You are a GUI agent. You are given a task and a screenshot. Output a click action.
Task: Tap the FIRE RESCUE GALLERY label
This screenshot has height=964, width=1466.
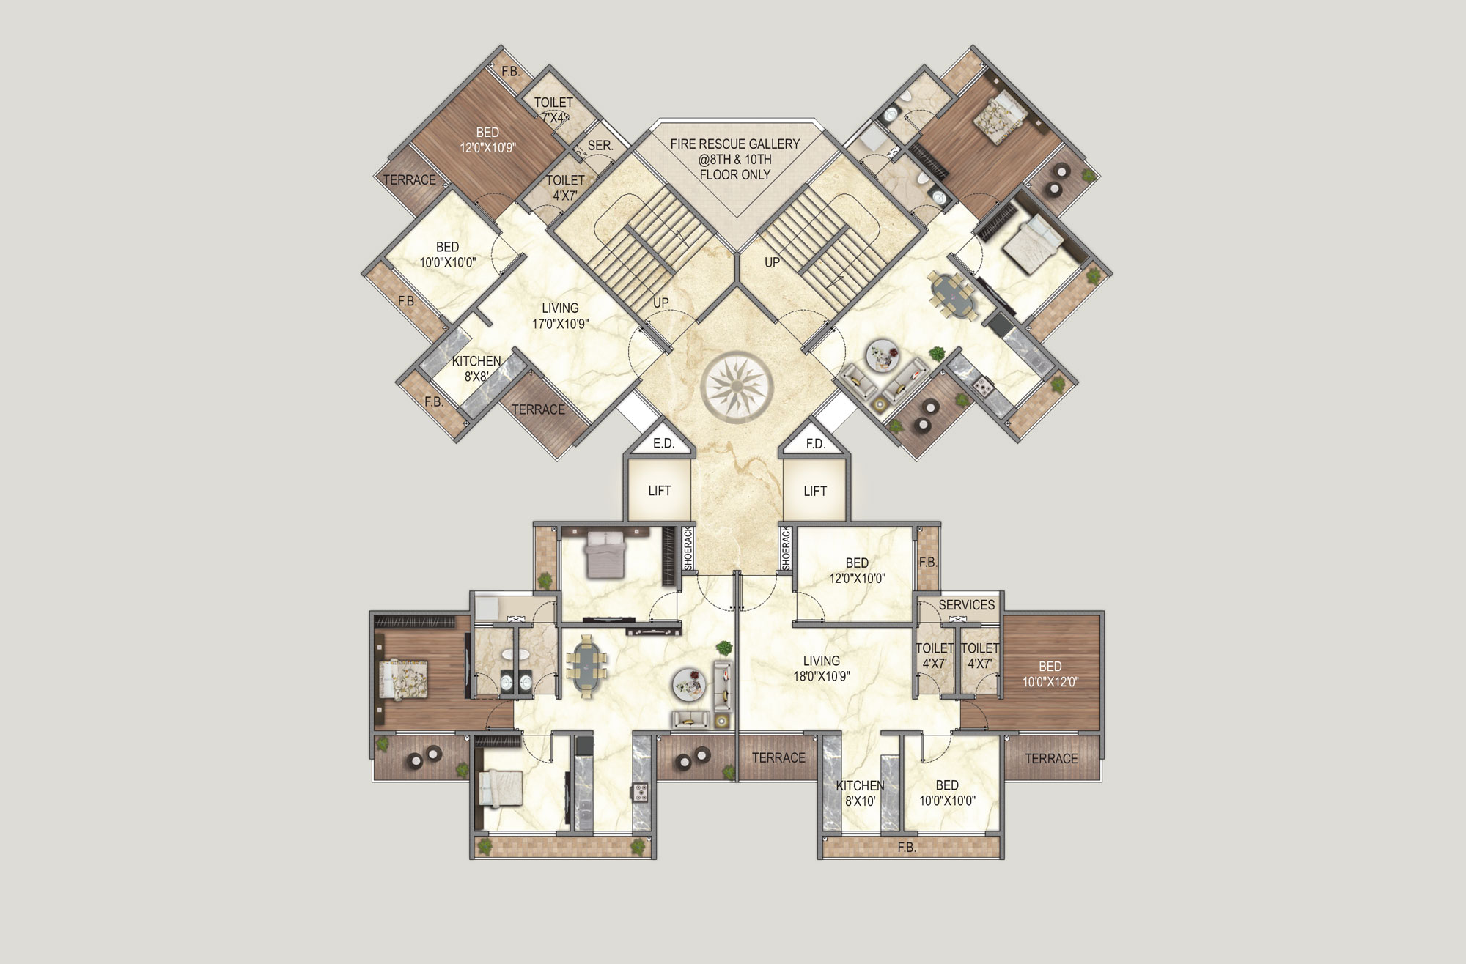tap(734, 144)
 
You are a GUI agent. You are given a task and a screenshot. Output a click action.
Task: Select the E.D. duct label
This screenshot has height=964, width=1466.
tap(663, 443)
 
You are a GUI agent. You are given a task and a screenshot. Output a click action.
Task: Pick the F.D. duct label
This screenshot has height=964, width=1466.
tap(815, 443)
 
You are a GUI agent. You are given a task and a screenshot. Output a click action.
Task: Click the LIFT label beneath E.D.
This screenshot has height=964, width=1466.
tap(660, 491)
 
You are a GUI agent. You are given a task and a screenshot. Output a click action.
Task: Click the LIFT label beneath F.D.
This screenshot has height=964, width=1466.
tap(815, 491)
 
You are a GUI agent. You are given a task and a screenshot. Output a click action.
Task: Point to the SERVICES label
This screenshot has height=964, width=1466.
tap(967, 605)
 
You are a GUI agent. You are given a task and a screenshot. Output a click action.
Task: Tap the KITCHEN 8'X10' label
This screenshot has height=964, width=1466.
tap(861, 793)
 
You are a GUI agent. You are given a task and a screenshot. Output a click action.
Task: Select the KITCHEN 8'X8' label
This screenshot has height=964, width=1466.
tap(476, 369)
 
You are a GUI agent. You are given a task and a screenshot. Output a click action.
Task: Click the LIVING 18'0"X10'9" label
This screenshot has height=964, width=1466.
tap(821, 668)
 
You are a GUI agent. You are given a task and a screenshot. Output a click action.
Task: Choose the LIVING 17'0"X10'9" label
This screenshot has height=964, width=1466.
tap(560, 316)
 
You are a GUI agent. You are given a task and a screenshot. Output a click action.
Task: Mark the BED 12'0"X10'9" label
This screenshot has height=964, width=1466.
tap(487, 140)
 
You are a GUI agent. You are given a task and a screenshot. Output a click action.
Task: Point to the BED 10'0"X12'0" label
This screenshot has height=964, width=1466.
tap(1050, 674)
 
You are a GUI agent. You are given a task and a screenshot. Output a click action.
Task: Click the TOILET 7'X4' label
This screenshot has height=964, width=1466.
tap(553, 110)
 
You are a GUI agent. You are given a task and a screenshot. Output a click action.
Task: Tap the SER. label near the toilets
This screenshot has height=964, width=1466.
tap(600, 146)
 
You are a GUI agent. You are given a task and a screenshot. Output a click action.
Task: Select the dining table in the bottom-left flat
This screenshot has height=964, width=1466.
tap(586, 667)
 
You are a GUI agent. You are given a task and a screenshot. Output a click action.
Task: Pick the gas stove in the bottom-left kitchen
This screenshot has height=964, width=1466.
tap(641, 792)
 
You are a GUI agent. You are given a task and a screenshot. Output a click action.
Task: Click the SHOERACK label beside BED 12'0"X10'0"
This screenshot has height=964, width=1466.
tap(787, 548)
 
